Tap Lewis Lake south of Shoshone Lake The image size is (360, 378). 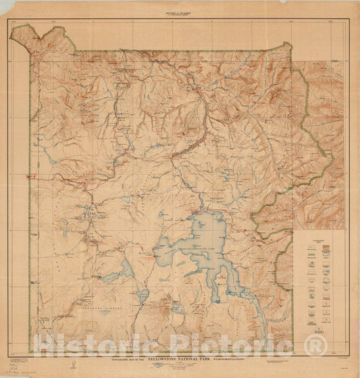[142, 295]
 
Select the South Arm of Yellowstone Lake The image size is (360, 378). [215, 290]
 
